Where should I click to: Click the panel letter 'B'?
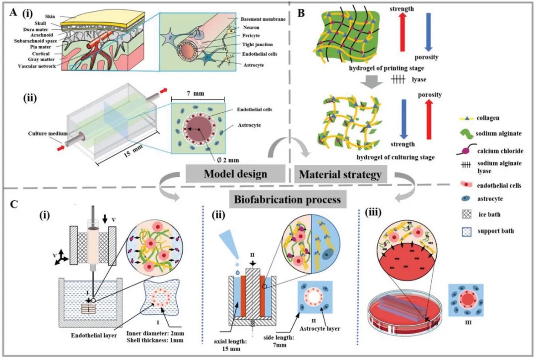301,14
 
